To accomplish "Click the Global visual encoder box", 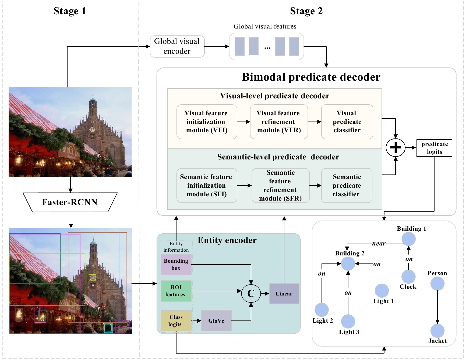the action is (x=177, y=46).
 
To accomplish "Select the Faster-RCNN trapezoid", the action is (x=70, y=202).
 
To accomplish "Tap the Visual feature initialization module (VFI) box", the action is (x=207, y=122).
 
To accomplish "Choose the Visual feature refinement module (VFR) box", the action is (x=279, y=122).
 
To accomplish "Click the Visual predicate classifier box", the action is (x=347, y=122).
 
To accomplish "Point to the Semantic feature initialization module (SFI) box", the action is (x=207, y=185).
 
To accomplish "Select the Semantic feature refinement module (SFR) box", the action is (x=280, y=185).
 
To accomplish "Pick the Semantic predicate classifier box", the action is (x=347, y=185).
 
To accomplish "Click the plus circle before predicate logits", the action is (x=396, y=148).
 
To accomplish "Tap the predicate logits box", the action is (x=434, y=148).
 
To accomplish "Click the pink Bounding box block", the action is (x=176, y=265).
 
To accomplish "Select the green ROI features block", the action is (x=176, y=291).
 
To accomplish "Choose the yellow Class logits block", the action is (x=176, y=320).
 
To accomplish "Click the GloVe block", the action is (x=216, y=320).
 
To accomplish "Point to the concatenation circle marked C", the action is (x=251, y=293).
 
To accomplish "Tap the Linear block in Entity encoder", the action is (x=284, y=294).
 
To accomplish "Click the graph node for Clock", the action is (x=408, y=276).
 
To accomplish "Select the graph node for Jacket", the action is (x=437, y=331).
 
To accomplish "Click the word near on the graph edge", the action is (x=379, y=244).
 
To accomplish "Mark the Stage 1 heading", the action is (x=70, y=11).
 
